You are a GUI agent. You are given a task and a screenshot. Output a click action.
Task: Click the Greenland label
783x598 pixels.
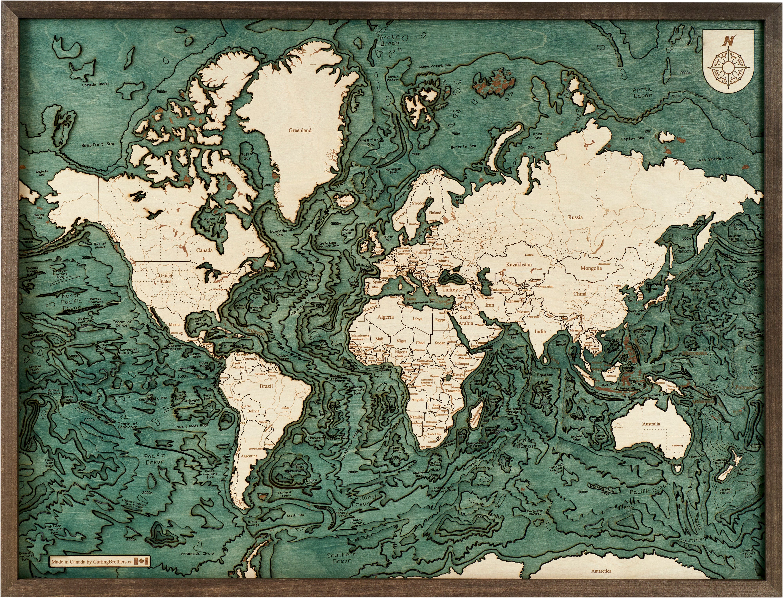[300, 130]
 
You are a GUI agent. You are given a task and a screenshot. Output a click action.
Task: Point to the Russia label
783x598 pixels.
[576, 217]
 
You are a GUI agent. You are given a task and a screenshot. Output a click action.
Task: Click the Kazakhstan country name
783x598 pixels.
[519, 265]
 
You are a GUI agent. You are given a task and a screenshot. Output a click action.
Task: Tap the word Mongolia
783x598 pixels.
[591, 268]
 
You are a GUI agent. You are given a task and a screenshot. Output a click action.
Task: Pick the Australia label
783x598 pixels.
[651, 424]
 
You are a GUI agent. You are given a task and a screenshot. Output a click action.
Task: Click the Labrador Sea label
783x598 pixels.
[279, 233]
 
